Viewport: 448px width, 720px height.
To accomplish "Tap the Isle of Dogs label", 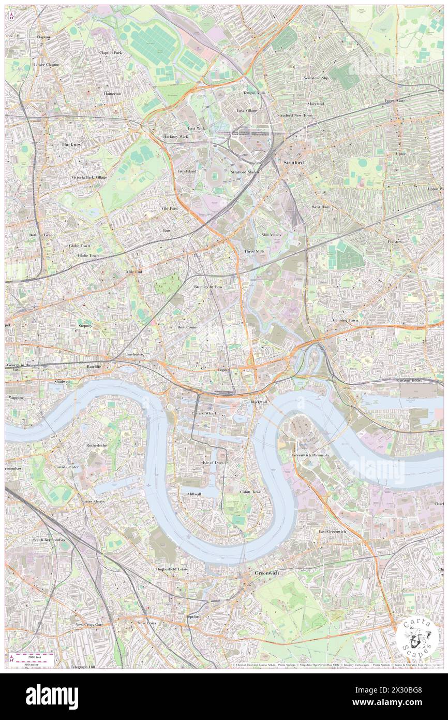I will [213, 462].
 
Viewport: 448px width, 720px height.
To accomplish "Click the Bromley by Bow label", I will [208, 286].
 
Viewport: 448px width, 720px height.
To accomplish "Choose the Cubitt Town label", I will [250, 492].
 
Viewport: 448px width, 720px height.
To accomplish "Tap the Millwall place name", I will [194, 494].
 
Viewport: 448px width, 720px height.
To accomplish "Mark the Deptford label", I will [192, 616].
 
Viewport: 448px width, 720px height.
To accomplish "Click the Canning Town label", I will [345, 320].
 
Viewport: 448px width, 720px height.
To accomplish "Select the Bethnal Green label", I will [42, 235].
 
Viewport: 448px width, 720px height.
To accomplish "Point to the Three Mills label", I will [254, 251].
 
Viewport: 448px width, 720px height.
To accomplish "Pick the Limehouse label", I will [133, 354].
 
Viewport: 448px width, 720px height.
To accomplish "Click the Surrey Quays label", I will [93, 501].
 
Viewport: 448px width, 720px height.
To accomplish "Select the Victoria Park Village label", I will [89, 177].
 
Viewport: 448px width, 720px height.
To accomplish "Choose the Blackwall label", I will [259, 402].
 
